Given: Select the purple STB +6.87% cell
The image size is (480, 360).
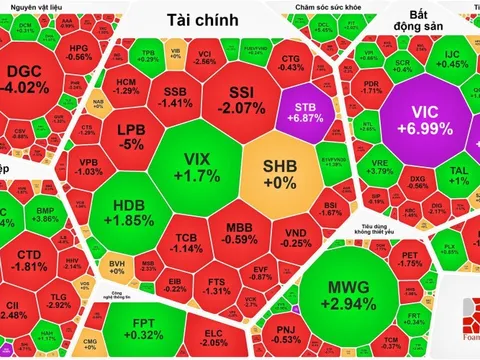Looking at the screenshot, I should [308, 106].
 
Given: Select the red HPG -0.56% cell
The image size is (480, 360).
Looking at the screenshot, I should [78, 52].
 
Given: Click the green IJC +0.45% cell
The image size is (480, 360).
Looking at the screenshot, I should [452, 59].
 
